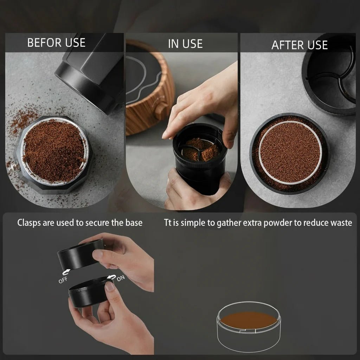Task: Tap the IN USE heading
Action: pos(185,44)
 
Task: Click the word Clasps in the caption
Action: pos(30,223)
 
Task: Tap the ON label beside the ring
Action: pos(121,279)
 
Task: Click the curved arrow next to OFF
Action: pos(66,272)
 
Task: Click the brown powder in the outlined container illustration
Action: pos(249,319)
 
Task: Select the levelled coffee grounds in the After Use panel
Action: pos(290,153)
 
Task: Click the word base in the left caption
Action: pos(134,223)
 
